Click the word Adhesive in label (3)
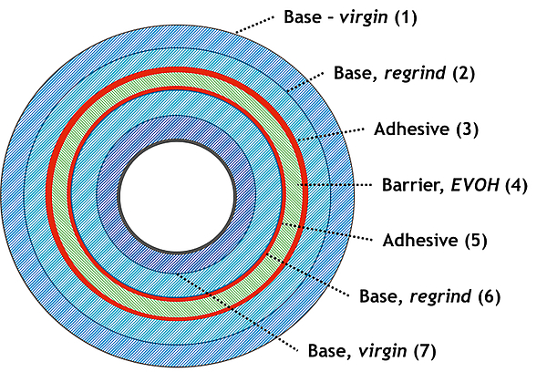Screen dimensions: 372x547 coord(409,129)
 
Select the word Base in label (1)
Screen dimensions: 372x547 coord(302,17)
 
